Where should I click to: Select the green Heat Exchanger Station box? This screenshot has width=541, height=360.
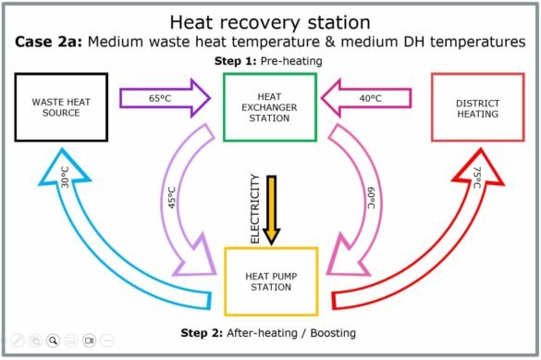269,107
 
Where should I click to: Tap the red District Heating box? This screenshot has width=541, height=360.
478,107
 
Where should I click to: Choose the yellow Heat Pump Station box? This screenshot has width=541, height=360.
269,281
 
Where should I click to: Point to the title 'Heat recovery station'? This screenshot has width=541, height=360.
269,19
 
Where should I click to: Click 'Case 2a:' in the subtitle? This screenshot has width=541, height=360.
42,42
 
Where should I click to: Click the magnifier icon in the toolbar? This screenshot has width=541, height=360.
54,341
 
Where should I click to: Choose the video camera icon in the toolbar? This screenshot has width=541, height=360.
90,341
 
